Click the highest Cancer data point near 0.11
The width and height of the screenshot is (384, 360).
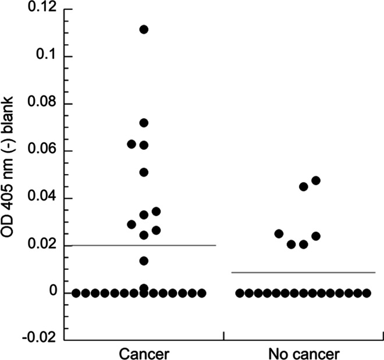pyautogui.click(x=144, y=30)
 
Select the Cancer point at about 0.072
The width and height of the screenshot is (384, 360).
pyautogui.click(x=144, y=123)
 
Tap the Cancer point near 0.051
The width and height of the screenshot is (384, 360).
pyautogui.click(x=144, y=172)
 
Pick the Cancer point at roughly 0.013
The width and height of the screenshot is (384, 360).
pyautogui.click(x=144, y=261)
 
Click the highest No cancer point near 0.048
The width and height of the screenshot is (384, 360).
pyautogui.click(x=316, y=181)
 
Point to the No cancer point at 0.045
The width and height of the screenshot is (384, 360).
pyautogui.click(x=303, y=187)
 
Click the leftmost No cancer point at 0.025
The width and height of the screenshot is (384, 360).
pyautogui.click(x=279, y=234)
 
